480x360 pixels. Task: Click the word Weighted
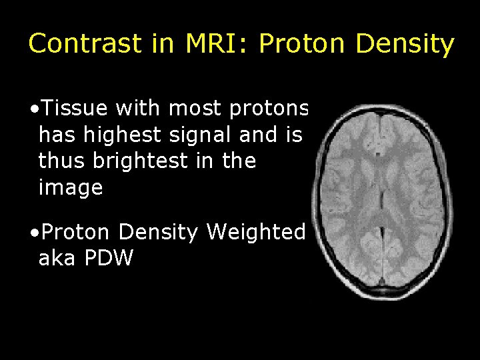(256, 233)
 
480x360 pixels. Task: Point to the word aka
(57, 259)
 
